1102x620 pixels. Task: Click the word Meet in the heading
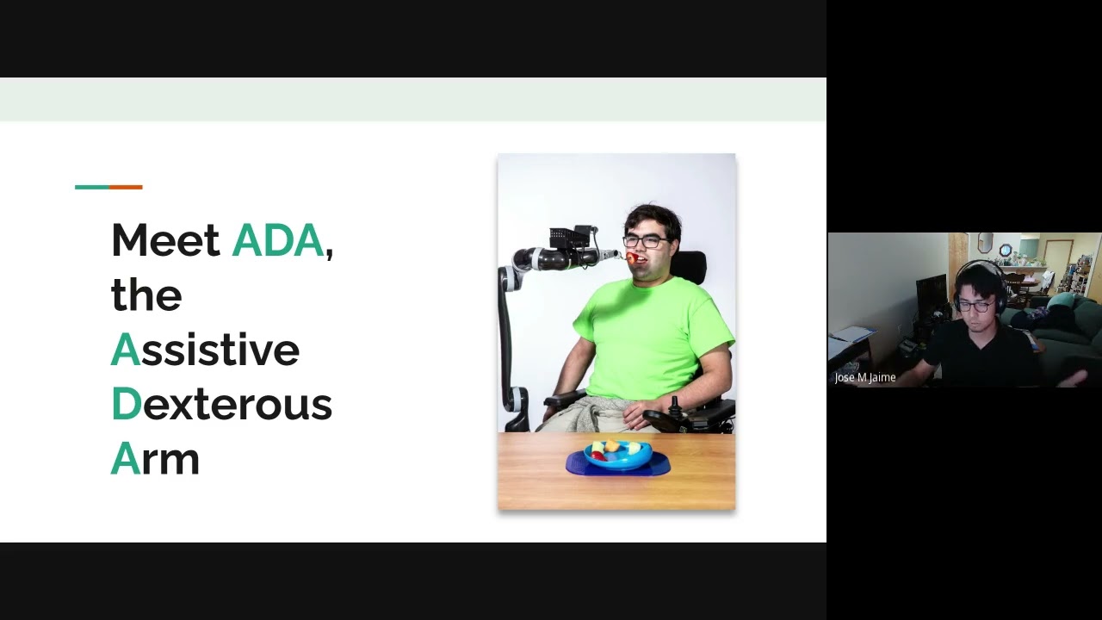165,240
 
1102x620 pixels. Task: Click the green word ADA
277,240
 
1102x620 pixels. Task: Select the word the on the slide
146,295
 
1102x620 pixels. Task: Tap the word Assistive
205,350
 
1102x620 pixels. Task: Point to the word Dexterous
221,404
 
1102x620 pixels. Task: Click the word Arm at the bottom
155,458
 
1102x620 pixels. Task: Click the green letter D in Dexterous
126,404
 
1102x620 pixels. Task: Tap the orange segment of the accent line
126,187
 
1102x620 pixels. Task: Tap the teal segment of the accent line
92,187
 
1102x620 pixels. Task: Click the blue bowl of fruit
617,456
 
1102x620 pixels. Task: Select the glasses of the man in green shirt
643,242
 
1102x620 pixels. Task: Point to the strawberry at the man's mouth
631,257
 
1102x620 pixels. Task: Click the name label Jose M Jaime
864,377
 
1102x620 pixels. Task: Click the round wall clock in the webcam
1006,251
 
